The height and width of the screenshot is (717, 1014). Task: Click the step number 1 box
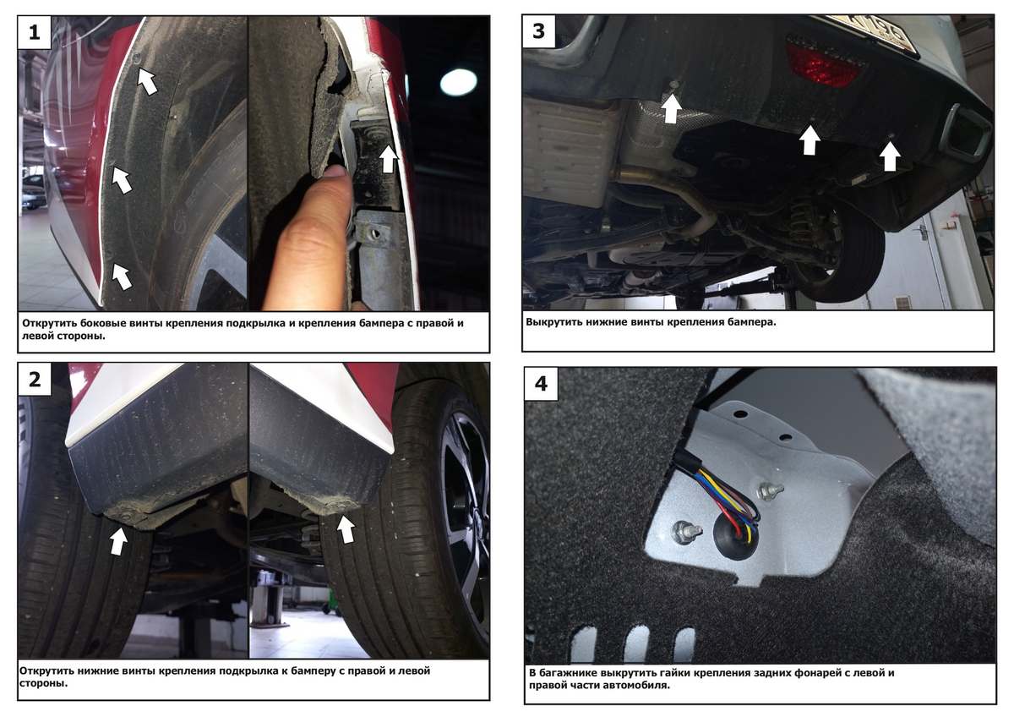pos(35,33)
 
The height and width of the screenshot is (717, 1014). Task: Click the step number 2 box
pos(35,380)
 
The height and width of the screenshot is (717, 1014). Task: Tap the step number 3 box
pos(539,31)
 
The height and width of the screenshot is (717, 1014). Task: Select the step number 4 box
pos(541,384)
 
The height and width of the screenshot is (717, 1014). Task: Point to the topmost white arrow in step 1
pos(147,81)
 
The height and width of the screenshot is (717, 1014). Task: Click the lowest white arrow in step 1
pos(122,276)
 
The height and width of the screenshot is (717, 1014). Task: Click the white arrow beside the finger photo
pos(389,158)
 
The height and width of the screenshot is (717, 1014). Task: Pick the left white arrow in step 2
pos(118,541)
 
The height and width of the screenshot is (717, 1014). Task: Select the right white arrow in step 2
pos(346,529)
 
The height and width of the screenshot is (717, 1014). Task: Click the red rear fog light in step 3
pos(826,65)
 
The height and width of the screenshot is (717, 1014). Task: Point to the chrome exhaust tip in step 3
pos(967,133)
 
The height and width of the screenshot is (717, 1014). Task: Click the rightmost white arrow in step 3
pos(890,156)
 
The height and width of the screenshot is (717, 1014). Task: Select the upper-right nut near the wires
pos(769,490)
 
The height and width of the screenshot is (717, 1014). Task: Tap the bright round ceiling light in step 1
pos(458,82)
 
